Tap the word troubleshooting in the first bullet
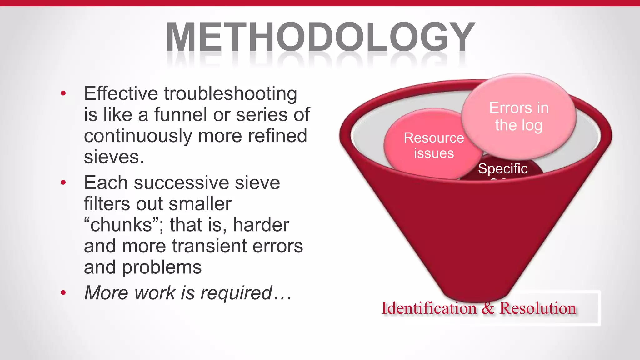click(231, 93)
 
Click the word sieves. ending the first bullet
click(114, 157)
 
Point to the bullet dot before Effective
click(63, 93)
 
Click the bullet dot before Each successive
click(63, 182)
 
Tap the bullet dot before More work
click(63, 293)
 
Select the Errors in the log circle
click(519, 116)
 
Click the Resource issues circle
click(433, 146)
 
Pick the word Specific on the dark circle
click(502, 169)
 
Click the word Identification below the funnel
click(429, 308)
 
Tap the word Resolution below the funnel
click(537, 308)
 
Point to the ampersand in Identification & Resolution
click(488, 308)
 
